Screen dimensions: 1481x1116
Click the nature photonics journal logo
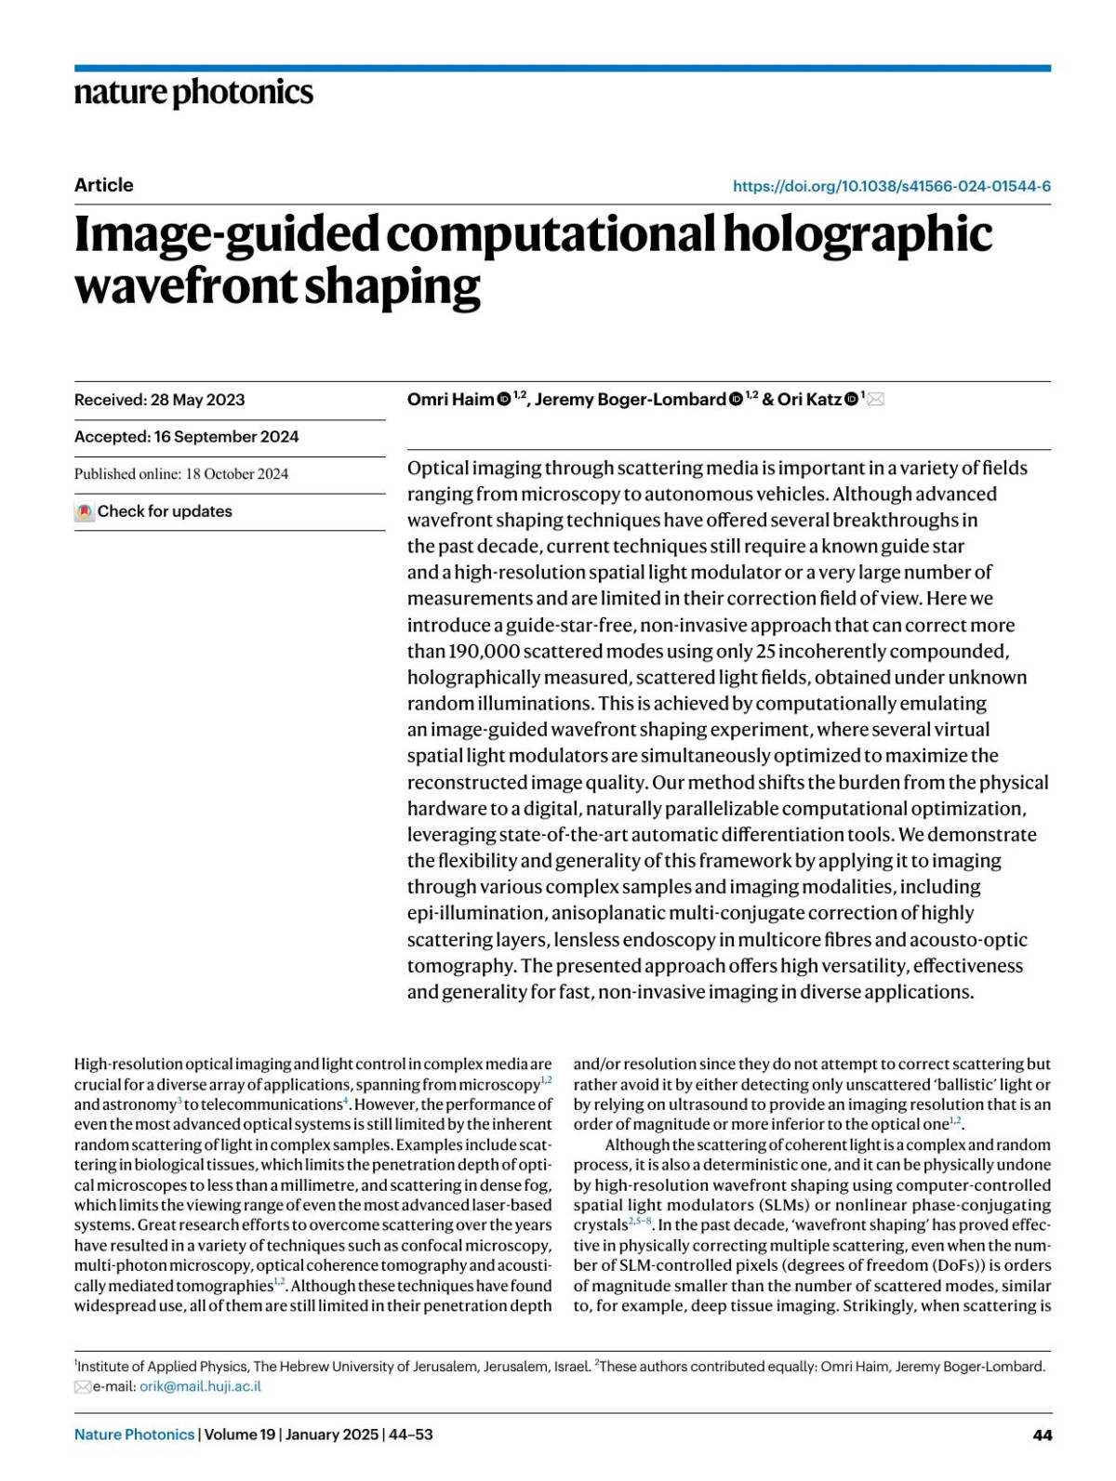click(x=193, y=93)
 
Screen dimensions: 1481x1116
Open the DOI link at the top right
click(x=891, y=186)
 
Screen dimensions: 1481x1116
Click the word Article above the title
click(x=104, y=185)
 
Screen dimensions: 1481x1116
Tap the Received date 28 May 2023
click(x=197, y=400)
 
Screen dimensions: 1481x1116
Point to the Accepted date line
click(x=187, y=437)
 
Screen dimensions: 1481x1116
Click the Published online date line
click(x=181, y=474)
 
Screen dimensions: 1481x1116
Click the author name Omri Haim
click(x=450, y=400)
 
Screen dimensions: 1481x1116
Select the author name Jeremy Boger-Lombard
click(x=630, y=400)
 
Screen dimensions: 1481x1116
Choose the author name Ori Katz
click(x=809, y=400)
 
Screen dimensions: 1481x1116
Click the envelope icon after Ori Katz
click(x=875, y=400)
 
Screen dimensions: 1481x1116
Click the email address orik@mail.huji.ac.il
click(x=200, y=1386)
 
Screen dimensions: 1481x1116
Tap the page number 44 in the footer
click(x=1043, y=1435)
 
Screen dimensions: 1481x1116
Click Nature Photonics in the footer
click(x=135, y=1435)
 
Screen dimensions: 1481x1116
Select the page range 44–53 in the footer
click(x=410, y=1435)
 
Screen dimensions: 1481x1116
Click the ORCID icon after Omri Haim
click(x=504, y=400)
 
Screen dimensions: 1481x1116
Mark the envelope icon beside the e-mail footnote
click(x=83, y=1387)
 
